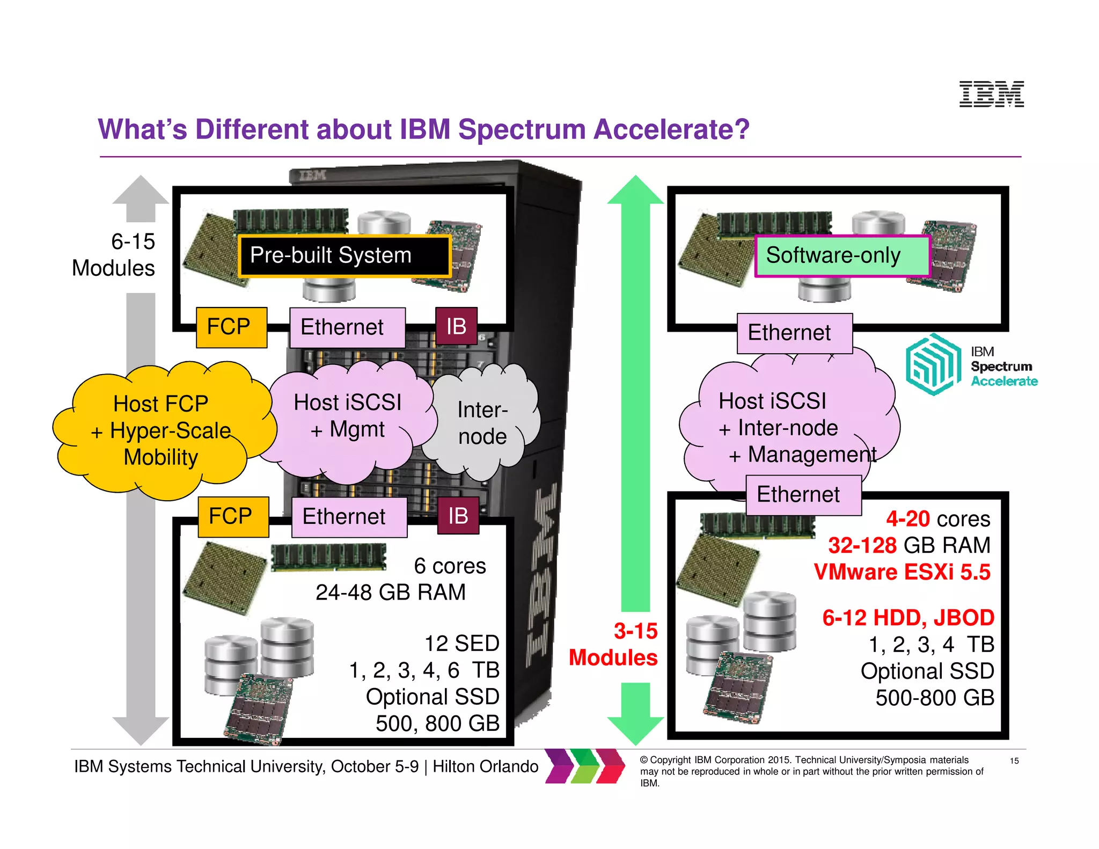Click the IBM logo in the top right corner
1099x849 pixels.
coord(991,94)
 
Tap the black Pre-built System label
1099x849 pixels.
coord(344,256)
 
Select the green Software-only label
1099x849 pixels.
coord(841,256)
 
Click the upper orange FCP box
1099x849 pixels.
coord(231,327)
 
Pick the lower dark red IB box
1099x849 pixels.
coord(458,516)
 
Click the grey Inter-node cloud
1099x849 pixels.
coord(482,423)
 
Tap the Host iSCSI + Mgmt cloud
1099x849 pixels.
coord(348,416)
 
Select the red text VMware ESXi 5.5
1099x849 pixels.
coord(902,572)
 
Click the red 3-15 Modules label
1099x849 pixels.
coord(613,645)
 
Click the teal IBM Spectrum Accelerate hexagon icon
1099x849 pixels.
coord(933,364)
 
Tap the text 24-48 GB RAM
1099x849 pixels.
coord(390,592)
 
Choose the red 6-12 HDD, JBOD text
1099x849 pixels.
coord(908,618)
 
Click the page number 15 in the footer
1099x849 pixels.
coord(1014,760)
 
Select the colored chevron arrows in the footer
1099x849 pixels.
coord(584,766)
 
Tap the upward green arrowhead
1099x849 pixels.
coord(635,191)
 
